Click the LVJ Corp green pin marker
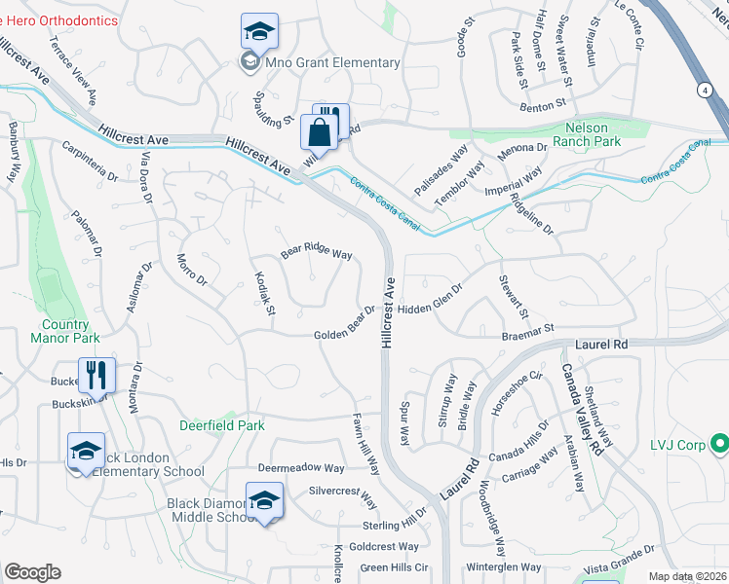720,445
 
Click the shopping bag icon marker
320,130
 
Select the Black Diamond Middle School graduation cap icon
264,500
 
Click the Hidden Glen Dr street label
441,306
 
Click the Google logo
32,572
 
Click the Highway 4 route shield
703,90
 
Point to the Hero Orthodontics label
59,20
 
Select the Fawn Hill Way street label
365,443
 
